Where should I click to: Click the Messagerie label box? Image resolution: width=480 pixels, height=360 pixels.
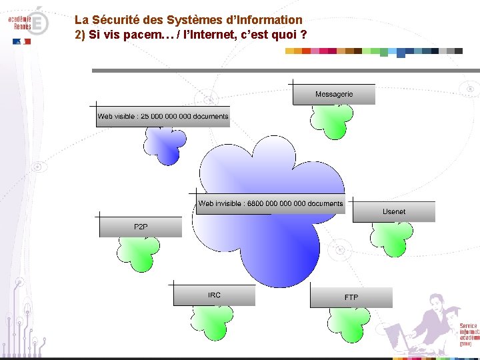(x=334, y=95)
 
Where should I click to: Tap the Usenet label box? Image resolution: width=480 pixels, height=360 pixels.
(x=393, y=212)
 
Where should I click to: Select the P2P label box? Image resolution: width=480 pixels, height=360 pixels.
(x=141, y=227)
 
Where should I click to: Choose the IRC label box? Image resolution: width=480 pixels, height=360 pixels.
(x=214, y=295)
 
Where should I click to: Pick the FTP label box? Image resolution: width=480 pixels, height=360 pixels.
(x=351, y=297)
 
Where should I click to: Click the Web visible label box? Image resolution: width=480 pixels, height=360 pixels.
(x=163, y=117)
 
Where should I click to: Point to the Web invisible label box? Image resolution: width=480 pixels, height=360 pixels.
(x=271, y=204)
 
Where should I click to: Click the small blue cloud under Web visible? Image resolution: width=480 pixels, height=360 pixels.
(x=165, y=142)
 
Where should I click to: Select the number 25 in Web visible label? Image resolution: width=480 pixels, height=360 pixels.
(x=145, y=117)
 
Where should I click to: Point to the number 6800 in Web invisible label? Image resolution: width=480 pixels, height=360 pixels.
(x=255, y=204)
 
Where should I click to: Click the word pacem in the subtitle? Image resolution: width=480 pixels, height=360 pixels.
(x=136, y=34)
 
